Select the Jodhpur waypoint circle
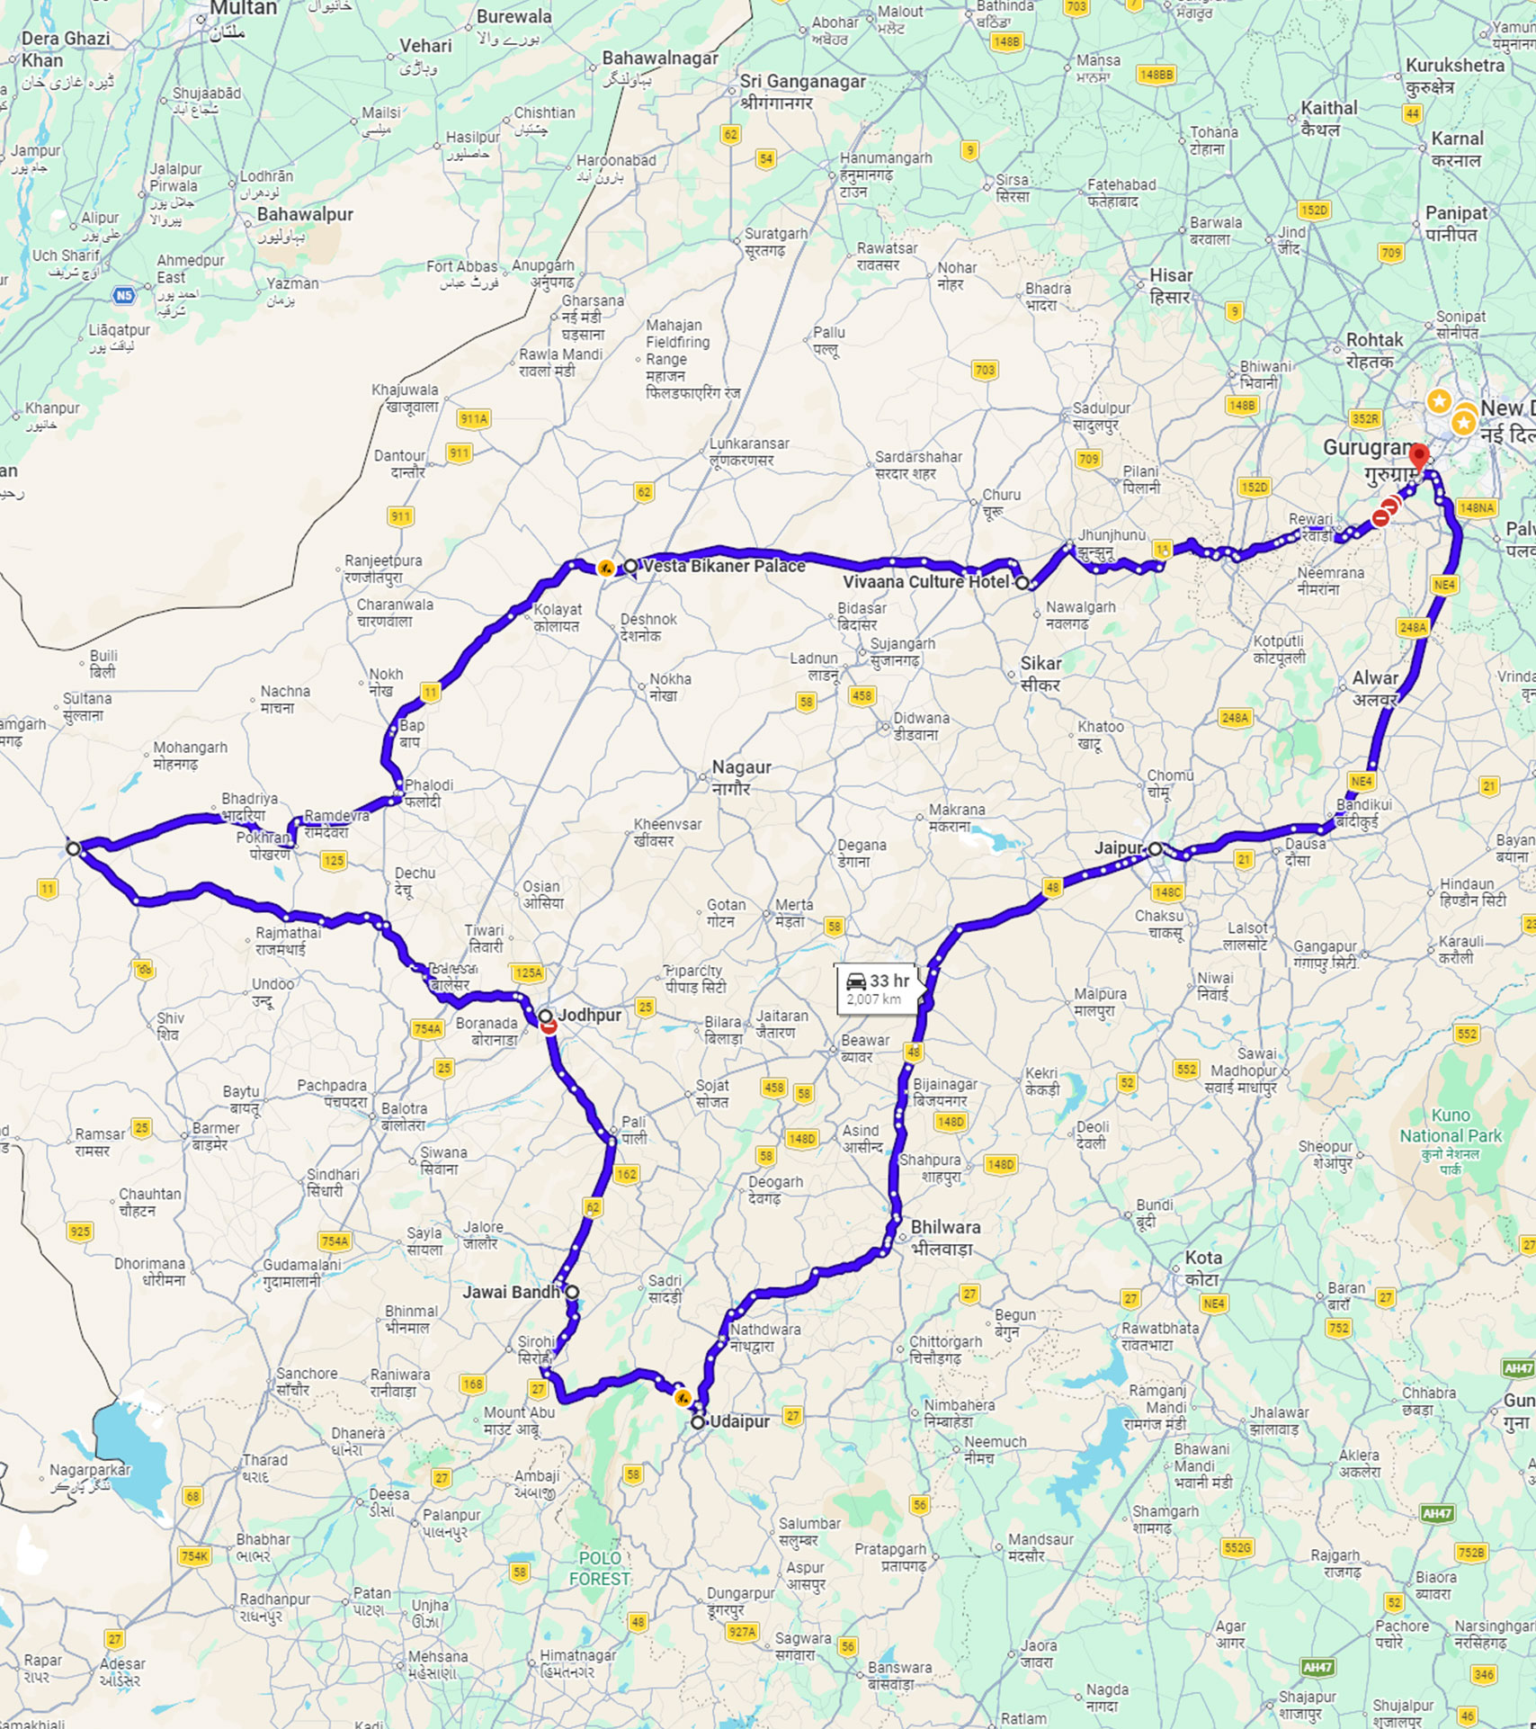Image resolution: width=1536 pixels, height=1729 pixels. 546,1016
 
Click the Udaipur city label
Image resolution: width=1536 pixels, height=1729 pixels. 739,1421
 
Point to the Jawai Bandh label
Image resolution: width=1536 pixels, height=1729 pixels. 511,1292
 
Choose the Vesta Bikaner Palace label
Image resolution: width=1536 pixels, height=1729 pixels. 724,566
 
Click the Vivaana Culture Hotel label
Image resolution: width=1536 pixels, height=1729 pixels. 926,582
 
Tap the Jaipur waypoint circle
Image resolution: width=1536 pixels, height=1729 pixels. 1156,848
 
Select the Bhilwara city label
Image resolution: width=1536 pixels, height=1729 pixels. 945,1227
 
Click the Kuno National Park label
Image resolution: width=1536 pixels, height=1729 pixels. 1451,1125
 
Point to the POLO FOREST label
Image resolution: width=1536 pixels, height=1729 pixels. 600,1568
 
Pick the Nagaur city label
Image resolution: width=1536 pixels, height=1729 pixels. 741,767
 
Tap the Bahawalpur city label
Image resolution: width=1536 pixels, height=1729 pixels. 305,214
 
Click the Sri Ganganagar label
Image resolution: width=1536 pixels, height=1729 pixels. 802,82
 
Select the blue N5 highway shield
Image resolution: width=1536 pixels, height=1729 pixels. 124,295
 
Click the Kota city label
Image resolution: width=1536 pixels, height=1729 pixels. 1203,1258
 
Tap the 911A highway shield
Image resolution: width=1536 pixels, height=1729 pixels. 474,418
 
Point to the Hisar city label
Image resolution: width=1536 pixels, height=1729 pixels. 1171,275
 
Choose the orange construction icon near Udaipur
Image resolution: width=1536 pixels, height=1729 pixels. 683,1398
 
